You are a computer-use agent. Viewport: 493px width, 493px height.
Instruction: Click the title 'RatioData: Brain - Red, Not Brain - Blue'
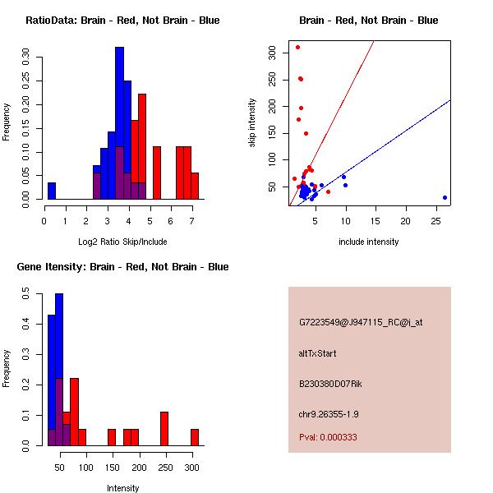pyautogui.click(x=122, y=20)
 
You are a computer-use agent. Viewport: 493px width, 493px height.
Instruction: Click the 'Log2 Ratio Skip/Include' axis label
pyautogui.click(x=122, y=241)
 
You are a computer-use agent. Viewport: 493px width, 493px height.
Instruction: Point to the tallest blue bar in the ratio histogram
pyautogui.click(x=119, y=123)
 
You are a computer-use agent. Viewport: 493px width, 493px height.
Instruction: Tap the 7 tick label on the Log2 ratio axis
pyautogui.click(x=192, y=220)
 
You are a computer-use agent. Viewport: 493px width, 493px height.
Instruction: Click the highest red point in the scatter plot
pyautogui.click(x=297, y=47)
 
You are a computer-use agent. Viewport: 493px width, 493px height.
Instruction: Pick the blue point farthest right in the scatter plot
pyautogui.click(x=445, y=197)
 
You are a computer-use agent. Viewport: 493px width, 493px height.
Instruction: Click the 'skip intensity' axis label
pyautogui.click(x=252, y=122)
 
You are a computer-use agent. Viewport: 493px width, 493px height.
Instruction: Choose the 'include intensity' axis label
pyautogui.click(x=369, y=242)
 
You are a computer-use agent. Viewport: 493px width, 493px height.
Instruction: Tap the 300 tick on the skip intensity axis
pyautogui.click(x=272, y=52)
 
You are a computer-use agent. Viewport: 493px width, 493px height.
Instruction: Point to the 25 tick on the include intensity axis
pyautogui.click(x=436, y=221)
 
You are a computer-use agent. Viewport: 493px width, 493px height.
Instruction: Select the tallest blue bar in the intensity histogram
pyautogui.click(x=59, y=369)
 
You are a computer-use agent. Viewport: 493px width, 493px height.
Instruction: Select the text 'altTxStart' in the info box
pyautogui.click(x=318, y=353)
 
